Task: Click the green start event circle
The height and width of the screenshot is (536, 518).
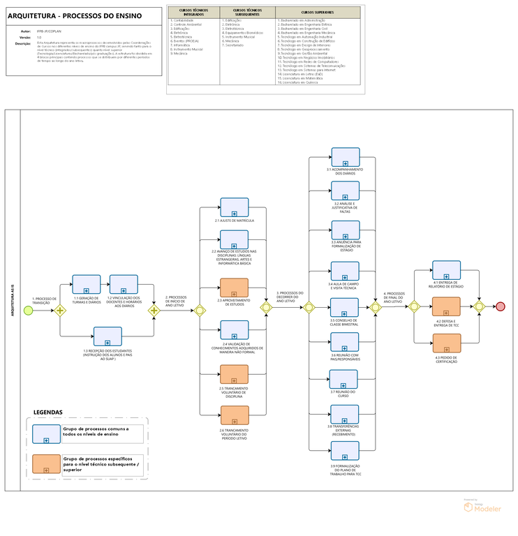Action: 28,310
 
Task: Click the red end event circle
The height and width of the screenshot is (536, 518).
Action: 500,306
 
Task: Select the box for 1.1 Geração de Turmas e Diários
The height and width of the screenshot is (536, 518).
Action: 87,284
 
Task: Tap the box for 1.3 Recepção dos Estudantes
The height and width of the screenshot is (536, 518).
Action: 108,336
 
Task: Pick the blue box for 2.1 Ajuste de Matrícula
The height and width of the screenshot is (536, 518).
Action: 235,207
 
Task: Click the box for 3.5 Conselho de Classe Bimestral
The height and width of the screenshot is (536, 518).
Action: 344,307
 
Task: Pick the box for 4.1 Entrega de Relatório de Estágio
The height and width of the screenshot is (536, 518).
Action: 446,270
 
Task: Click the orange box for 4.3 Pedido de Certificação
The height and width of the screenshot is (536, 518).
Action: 446,343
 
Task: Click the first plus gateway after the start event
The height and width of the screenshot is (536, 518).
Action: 60,310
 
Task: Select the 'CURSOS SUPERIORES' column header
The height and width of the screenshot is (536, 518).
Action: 317,12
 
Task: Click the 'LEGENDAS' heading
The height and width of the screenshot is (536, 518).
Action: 47,412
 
